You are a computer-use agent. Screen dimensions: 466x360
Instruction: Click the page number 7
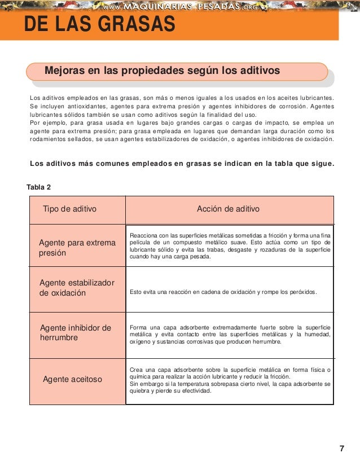pos(341,449)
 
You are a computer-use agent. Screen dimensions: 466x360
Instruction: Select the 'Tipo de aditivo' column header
pos(69,209)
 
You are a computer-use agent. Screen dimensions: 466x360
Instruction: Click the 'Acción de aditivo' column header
pos(228,209)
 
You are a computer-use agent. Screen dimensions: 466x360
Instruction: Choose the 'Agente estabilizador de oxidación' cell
pos(77,288)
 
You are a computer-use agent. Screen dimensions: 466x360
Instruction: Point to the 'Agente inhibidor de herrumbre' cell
pos(76,333)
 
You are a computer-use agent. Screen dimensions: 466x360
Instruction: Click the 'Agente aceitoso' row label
pos(72,379)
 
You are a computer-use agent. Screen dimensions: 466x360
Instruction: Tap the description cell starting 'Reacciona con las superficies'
pos(230,245)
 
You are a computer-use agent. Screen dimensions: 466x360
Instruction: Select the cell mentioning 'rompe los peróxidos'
pos(223,292)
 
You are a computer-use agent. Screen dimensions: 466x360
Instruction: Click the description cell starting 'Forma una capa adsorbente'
pos(230,335)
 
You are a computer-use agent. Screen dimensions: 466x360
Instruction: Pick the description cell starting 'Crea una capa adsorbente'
pos(230,380)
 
